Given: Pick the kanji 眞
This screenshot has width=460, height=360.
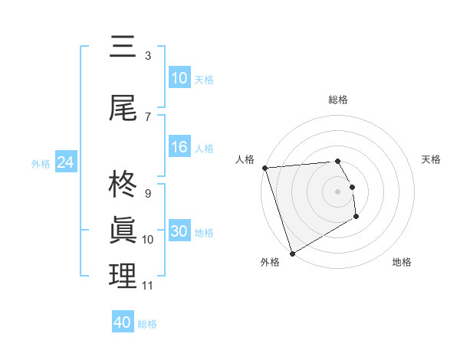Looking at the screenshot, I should point(123,231).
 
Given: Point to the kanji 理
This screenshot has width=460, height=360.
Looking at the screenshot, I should point(123,276).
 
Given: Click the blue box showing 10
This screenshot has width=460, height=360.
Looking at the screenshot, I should point(179,78).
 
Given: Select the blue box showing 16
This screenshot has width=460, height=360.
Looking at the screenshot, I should point(179,148).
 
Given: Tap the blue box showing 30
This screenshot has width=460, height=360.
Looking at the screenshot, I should point(179,232).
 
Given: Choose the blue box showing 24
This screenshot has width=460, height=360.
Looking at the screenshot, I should point(65,162).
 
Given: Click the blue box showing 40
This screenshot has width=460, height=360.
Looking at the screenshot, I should point(123,322).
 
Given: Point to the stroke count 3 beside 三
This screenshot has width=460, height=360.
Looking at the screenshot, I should point(148,56).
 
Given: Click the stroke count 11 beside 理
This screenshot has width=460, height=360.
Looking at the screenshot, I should point(148,286).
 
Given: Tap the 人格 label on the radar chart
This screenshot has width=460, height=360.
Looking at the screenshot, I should point(245,159).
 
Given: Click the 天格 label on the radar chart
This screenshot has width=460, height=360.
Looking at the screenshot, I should point(432,159).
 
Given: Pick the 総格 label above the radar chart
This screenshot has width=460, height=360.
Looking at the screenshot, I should point(338,100).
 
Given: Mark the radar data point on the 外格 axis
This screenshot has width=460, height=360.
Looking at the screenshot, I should point(291,253).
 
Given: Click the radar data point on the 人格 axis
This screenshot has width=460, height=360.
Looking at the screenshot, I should point(264,168).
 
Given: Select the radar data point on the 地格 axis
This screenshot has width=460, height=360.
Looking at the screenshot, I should point(356,217).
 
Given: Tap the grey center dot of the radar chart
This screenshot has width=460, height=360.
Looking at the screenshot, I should point(338,191).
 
